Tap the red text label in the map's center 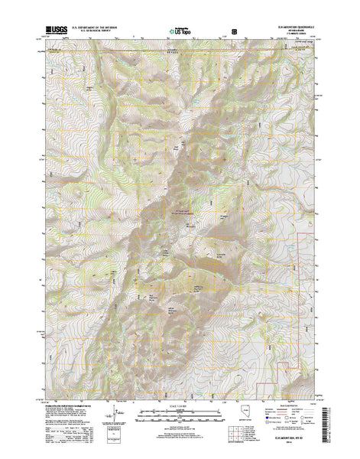(180, 213)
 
